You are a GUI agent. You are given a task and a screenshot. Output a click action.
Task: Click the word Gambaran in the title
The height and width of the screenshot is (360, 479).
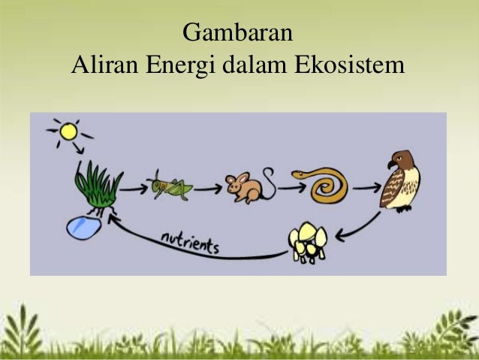[238, 35]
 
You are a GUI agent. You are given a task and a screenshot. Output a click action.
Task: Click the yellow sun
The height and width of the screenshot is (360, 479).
[69, 132]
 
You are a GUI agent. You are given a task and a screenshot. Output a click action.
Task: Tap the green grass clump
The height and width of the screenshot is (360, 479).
[98, 184]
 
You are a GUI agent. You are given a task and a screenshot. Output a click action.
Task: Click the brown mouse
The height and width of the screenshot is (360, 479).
[244, 187]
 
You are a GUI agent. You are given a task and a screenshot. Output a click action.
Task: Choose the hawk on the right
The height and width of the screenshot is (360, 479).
[401, 180]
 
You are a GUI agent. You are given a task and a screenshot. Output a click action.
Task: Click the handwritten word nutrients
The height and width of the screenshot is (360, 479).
[188, 243]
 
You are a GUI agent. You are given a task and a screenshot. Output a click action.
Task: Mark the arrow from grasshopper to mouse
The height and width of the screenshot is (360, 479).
[208, 188]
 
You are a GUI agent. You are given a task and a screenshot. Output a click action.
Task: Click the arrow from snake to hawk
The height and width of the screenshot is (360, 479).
[366, 186]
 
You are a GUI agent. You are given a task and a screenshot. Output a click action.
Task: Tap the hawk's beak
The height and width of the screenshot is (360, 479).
[390, 163]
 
